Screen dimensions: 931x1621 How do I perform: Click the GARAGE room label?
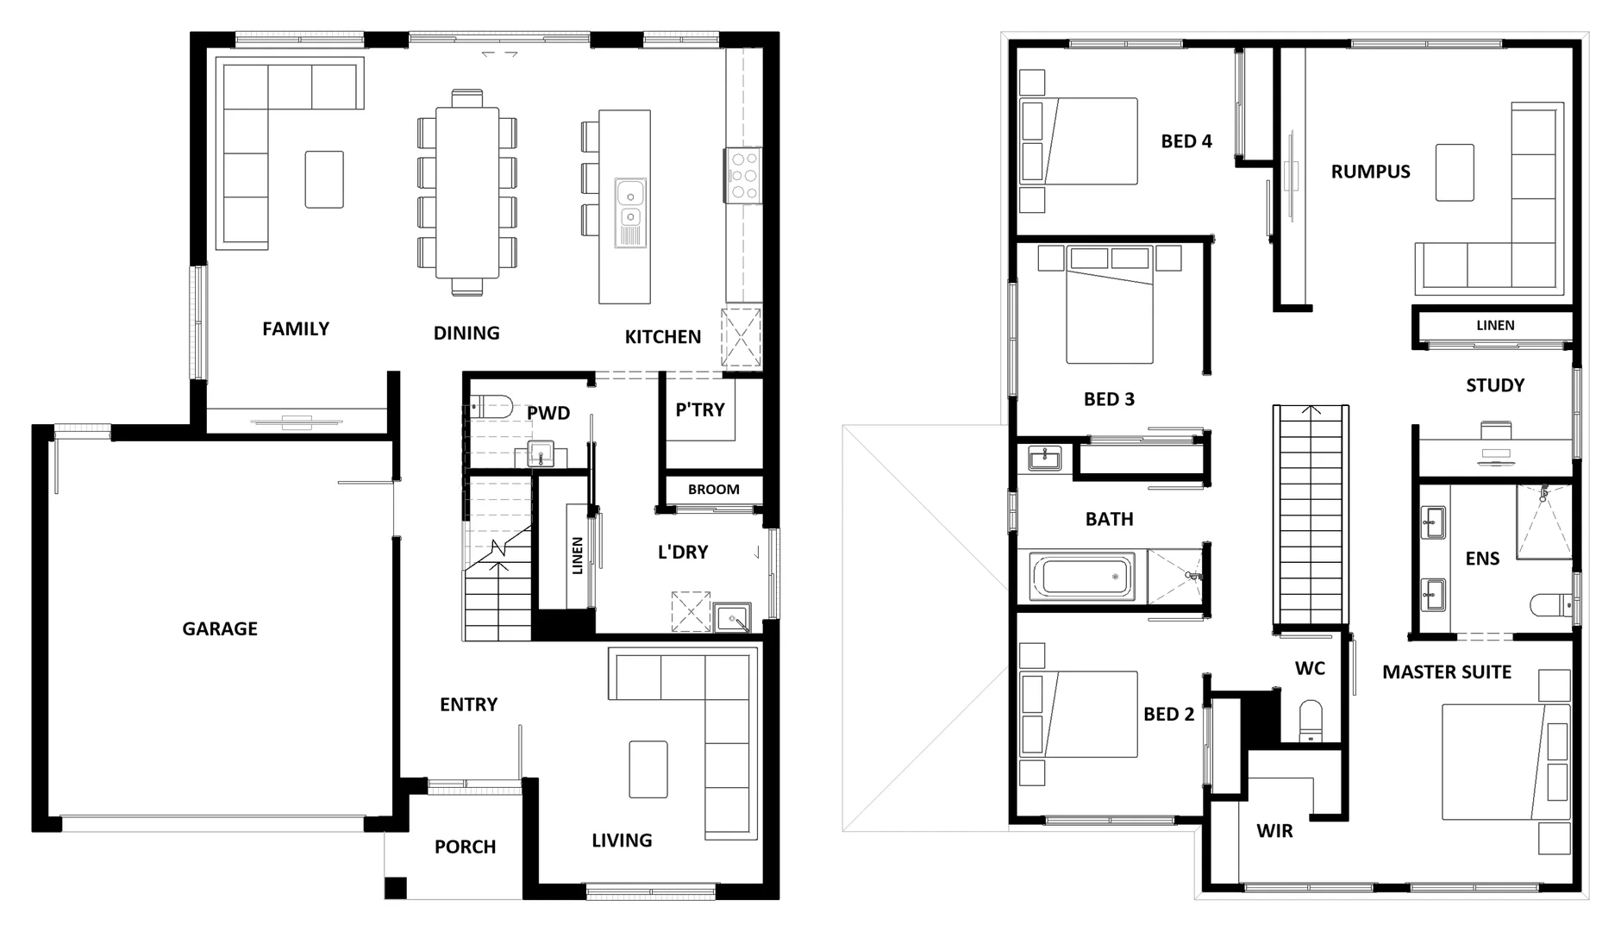pos(219,628)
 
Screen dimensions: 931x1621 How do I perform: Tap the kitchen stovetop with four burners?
pos(743,175)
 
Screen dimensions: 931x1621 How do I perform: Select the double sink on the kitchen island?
pos(630,203)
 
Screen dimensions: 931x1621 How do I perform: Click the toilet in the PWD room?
pos(493,406)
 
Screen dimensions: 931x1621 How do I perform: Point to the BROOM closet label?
pos(713,490)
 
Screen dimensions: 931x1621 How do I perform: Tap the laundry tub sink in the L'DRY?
pos(733,618)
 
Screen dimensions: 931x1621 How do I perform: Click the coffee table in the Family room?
pos(324,179)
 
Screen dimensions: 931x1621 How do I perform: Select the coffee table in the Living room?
pos(648,769)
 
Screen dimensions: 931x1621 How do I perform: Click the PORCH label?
pos(465,847)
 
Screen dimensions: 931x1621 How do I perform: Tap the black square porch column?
pos(395,887)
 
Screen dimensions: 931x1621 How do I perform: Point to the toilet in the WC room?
pos(1311,722)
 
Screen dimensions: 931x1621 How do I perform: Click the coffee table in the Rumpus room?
pos(1455,172)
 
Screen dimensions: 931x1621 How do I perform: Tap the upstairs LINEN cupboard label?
pos(1495,325)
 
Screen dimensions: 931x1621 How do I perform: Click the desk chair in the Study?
pos(1496,428)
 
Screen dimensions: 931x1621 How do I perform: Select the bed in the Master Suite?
pos(1505,762)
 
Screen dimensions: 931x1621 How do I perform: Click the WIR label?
pos(1274,831)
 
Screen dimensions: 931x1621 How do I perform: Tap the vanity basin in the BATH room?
pos(1045,457)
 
